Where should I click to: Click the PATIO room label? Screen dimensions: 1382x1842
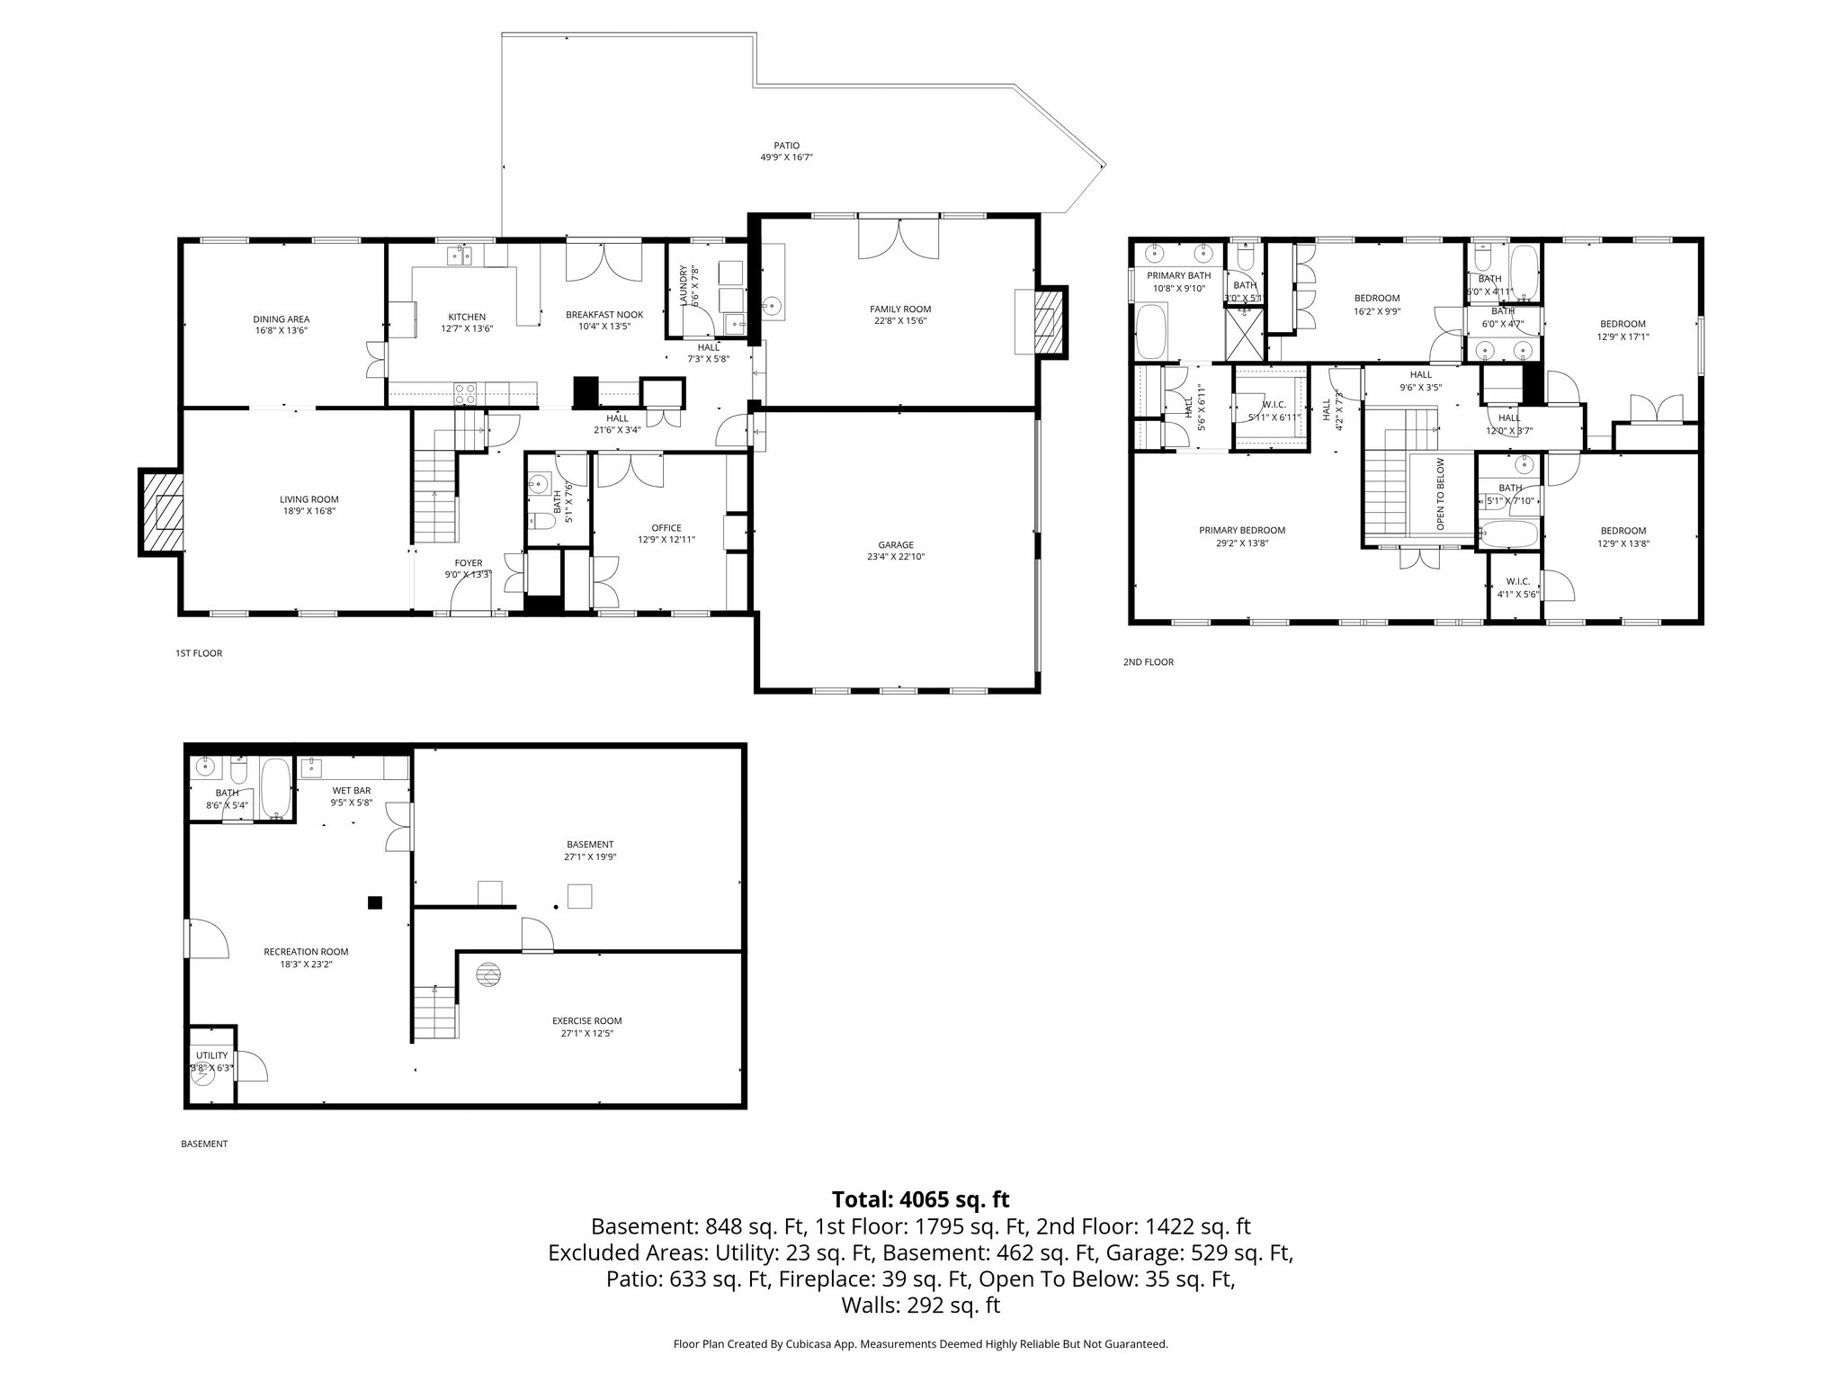[x=786, y=146]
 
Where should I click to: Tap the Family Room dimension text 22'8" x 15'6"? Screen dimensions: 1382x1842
[x=899, y=321]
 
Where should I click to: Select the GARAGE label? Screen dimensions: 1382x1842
[x=896, y=544]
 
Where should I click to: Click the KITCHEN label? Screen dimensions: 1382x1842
[x=467, y=317]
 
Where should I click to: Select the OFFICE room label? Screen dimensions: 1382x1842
[x=666, y=528]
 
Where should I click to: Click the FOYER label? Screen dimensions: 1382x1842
[x=468, y=563]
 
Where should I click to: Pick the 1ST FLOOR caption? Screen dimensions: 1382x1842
[x=199, y=653]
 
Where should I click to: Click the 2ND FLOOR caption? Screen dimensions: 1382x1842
[x=1149, y=662]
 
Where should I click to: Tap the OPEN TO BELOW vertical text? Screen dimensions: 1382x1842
[x=1440, y=493]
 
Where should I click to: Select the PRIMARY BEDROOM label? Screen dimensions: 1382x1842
[x=1242, y=531]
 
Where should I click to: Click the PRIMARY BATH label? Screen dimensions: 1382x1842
[x=1178, y=275]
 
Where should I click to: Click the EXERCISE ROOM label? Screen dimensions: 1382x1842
[x=586, y=1021]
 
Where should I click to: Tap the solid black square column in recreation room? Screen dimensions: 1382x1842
[x=375, y=902]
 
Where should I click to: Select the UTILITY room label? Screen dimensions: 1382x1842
[x=212, y=1055]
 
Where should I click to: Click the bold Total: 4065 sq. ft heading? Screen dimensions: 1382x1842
[x=920, y=1199]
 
